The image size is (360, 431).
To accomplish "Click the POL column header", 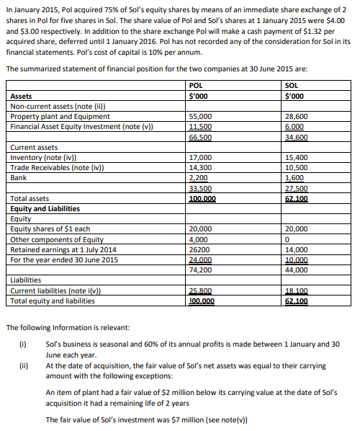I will (194, 85).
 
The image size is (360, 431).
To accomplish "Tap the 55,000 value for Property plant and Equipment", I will (199, 116).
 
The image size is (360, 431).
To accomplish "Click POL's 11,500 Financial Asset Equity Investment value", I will (199, 126).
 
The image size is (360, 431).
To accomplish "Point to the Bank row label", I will (19, 177).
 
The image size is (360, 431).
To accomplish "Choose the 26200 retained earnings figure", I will (198, 249).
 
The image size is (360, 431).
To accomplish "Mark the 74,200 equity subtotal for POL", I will (199, 270).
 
